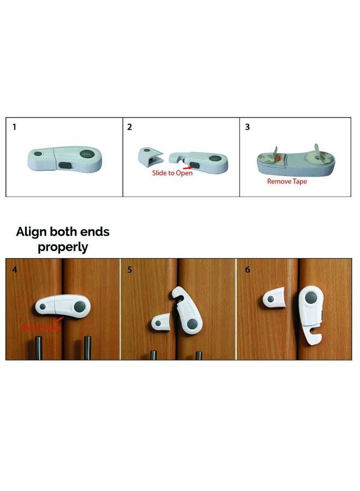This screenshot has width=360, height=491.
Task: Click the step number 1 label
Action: pyautogui.click(x=14, y=127)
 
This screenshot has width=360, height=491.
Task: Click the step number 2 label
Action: pyautogui.click(x=130, y=127)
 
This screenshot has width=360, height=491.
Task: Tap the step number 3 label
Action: pyautogui.click(x=247, y=127)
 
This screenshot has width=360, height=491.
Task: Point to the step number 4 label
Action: pyautogui.click(x=14, y=269)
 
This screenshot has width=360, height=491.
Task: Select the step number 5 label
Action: pyautogui.click(x=130, y=269)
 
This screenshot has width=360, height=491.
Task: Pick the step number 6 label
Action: pyautogui.click(x=247, y=269)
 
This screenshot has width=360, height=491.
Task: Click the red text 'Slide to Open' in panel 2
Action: pyautogui.click(x=172, y=173)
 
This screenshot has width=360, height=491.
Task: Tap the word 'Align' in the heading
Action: pyautogui.click(x=34, y=231)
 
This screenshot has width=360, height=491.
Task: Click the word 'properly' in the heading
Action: pyautogui.click(x=63, y=247)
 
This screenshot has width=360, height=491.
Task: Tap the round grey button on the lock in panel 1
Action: pyautogui.click(x=85, y=155)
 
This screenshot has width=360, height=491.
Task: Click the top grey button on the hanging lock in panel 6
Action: pyautogui.click(x=311, y=298)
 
